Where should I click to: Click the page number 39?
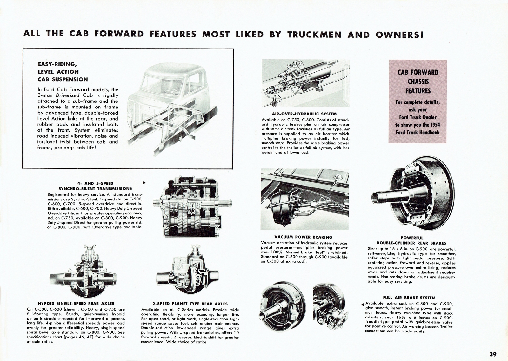coord(493,345)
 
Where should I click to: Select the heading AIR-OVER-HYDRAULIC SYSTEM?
coord(304,114)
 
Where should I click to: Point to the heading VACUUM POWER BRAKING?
coord(303,237)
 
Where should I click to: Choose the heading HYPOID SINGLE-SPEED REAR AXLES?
coord(76,304)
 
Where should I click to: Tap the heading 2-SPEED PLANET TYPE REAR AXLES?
coord(190,304)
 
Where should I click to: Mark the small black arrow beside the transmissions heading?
coord(144,183)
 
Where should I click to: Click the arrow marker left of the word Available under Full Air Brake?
coord(363,305)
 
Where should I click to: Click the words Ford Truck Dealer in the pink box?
coord(418,117)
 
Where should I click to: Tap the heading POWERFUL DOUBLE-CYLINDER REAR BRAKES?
coord(412,240)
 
